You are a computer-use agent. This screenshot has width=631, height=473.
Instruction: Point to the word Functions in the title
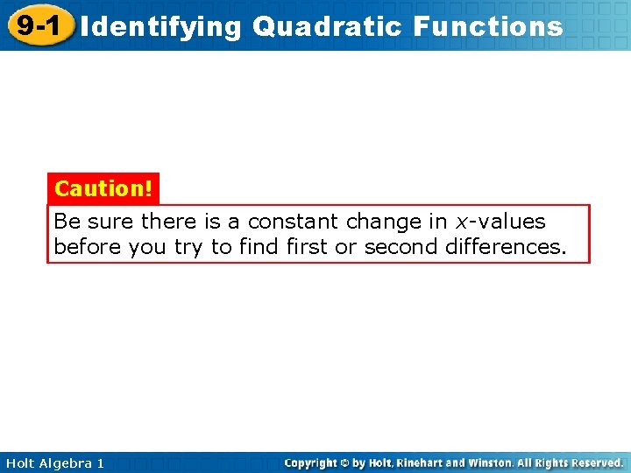point(487,26)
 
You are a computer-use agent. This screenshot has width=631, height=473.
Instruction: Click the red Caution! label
point(103,188)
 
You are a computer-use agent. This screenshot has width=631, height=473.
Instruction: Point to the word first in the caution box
point(307,247)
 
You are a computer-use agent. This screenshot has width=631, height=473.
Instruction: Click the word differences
point(506,247)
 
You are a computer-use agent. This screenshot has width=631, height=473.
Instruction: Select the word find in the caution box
point(260,247)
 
